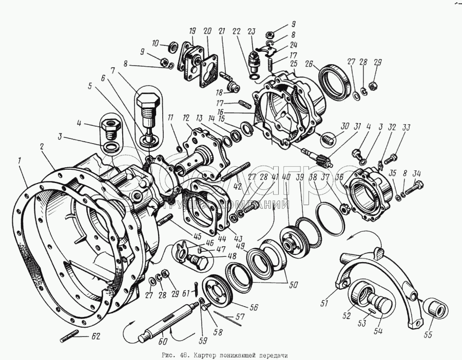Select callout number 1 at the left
(x=19, y=161)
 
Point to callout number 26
(x=323, y=64)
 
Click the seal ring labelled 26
(x=334, y=80)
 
